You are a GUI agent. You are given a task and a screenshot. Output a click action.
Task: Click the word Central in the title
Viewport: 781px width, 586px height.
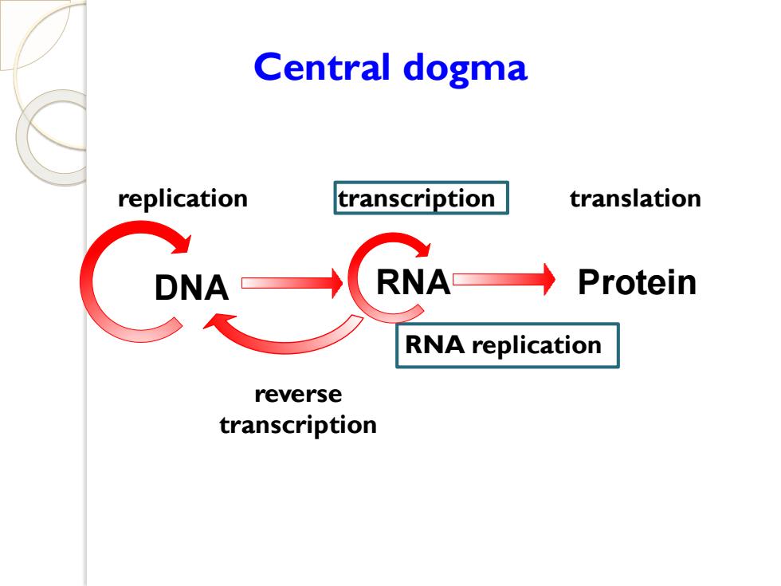pos(321,67)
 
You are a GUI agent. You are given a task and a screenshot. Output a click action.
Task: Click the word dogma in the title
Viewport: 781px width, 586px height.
pos(465,70)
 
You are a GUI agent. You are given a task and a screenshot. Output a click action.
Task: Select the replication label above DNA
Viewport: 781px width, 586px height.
pos(182,199)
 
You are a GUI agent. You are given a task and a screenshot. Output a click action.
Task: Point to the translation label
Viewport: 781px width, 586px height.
pos(635,199)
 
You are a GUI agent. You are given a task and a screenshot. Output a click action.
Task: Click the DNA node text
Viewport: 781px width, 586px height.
pos(192,288)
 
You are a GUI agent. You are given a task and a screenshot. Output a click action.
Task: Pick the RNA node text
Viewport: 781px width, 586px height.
pos(413,282)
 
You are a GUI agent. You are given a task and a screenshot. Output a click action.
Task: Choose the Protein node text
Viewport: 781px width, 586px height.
pos(637,282)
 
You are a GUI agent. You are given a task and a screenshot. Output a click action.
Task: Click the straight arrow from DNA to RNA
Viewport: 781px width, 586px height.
pos(292,283)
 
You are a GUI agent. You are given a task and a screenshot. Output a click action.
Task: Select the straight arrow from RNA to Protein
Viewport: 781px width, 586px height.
pos(504,280)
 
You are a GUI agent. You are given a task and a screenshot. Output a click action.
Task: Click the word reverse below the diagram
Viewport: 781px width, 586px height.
pos(298,395)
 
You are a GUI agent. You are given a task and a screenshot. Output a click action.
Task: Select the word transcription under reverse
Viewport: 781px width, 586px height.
pos(298,426)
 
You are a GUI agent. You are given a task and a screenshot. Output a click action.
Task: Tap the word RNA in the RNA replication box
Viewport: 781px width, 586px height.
pos(434,344)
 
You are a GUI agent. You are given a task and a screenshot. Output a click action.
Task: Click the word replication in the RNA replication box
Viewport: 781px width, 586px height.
pos(536,346)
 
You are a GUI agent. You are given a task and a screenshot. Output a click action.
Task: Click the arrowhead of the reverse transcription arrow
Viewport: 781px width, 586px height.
pos(215,321)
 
